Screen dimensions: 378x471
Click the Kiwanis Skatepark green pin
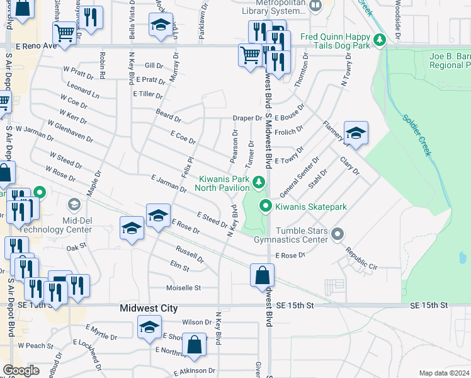(266, 206)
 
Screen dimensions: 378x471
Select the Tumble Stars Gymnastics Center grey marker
(338, 234)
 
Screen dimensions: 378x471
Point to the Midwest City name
(149, 309)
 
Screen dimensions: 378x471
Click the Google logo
(21, 370)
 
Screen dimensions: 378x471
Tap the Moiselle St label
(183, 288)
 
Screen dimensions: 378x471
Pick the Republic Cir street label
(361, 259)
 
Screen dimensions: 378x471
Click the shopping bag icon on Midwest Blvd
(262, 275)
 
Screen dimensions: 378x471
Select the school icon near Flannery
(355, 134)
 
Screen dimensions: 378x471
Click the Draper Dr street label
(247, 118)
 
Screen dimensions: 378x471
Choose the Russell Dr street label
(190, 254)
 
